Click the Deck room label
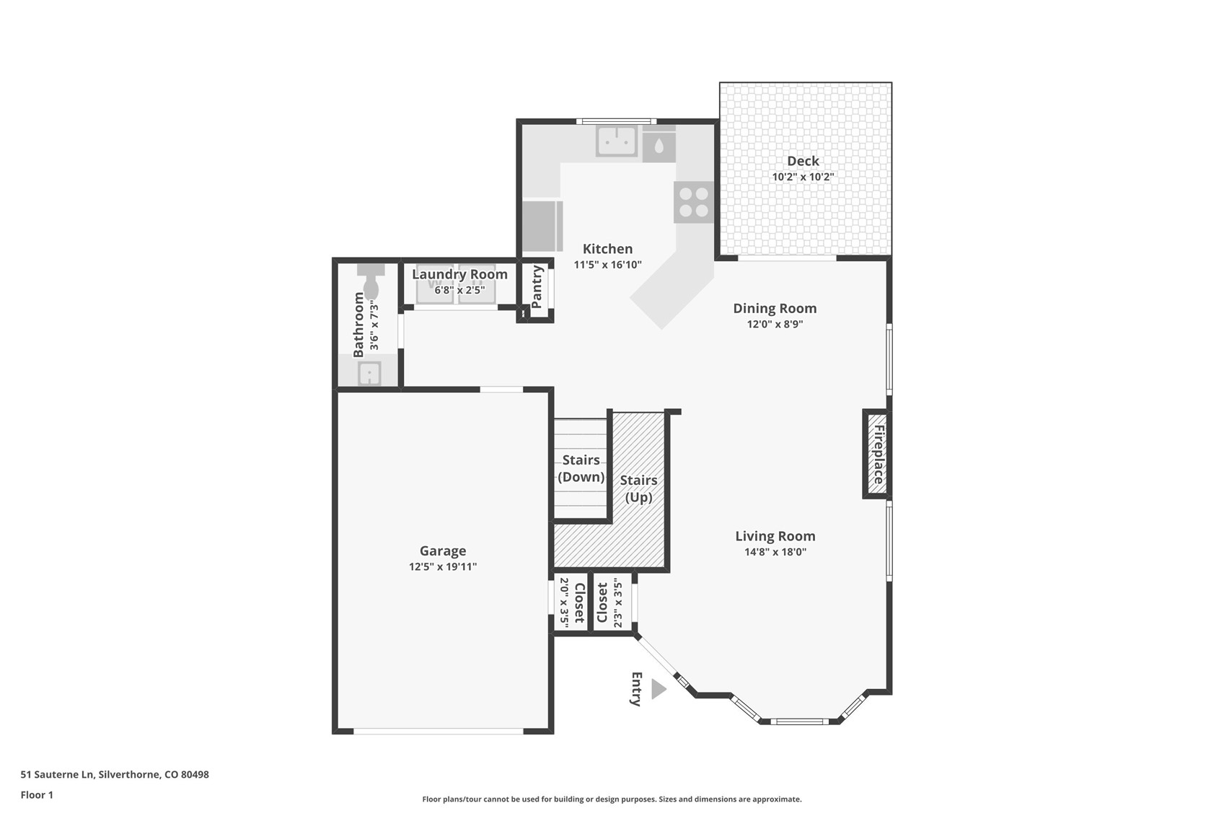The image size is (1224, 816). coord(803,161)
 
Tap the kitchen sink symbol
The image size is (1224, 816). coord(617,141)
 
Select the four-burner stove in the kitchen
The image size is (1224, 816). coord(693,202)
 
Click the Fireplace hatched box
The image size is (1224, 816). coord(877,454)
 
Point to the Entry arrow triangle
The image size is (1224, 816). coord(658,689)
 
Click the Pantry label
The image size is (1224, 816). coord(537,286)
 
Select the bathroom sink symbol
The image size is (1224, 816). coord(369,374)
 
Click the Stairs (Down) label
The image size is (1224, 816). coord(581,468)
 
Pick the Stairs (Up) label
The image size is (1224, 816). coord(638,488)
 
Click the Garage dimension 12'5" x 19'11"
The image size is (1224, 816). coord(442,567)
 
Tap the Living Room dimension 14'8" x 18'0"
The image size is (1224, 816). coord(775,553)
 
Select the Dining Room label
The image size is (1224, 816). coord(775,308)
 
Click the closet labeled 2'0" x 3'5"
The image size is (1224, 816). coord(571,603)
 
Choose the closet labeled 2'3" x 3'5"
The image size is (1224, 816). coord(609,603)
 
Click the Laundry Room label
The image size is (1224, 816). coord(459,274)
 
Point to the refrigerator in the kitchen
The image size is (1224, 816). coord(541,226)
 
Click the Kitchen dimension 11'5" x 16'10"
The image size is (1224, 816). coord(607,265)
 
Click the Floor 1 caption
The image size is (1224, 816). coord(37,795)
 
